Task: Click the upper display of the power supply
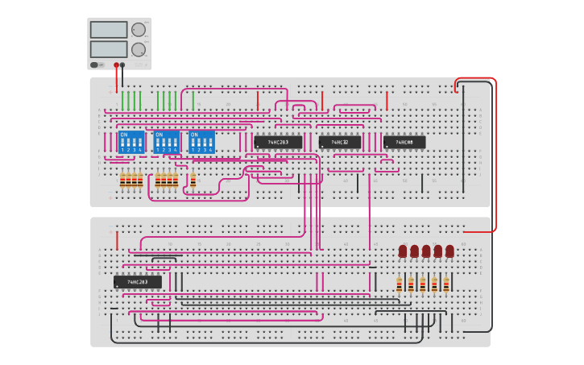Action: (x=109, y=30)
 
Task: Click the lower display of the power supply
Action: (x=109, y=49)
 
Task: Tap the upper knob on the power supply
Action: (x=139, y=30)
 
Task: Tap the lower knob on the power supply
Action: (x=139, y=49)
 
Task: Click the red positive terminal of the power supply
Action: (x=117, y=65)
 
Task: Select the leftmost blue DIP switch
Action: (x=130, y=142)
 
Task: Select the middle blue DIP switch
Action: (x=166, y=142)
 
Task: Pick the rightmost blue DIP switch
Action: (x=201, y=142)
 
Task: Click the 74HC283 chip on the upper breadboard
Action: (x=278, y=142)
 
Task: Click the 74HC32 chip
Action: (x=339, y=143)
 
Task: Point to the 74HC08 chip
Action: (x=404, y=143)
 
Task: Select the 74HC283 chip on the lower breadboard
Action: (x=137, y=282)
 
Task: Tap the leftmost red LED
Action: (x=403, y=251)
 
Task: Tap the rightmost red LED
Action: (x=449, y=251)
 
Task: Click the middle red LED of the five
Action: (x=426, y=251)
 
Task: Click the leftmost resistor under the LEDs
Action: (x=399, y=284)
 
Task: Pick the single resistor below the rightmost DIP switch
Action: (x=193, y=181)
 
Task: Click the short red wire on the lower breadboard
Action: (x=117, y=240)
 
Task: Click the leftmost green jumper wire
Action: (x=122, y=101)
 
